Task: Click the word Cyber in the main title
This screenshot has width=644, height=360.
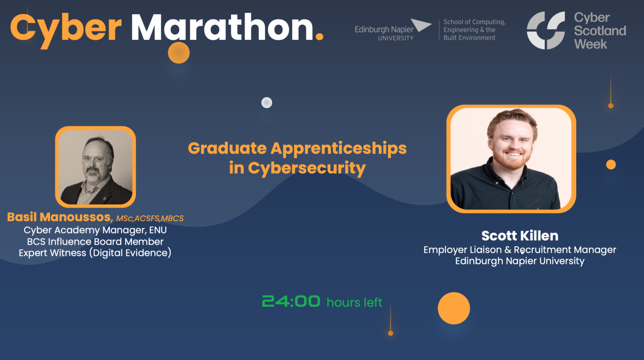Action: coord(66,28)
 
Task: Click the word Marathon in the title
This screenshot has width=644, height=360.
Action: coord(222,28)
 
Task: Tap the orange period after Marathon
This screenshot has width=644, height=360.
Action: coord(319,37)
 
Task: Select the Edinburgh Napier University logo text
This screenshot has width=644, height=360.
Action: coord(384,33)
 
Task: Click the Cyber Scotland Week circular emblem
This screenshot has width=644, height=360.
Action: coord(546,31)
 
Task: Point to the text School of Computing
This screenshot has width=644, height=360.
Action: coord(474,22)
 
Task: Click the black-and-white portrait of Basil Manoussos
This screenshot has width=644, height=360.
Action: coord(95,167)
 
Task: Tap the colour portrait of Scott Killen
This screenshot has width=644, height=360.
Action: coord(511,159)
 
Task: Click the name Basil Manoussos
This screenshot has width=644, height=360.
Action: coord(60,217)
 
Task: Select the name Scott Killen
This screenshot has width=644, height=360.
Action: coord(519,235)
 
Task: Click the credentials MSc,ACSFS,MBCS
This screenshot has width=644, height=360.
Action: coord(150,218)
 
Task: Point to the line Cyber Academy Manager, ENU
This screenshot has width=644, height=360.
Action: coord(95,230)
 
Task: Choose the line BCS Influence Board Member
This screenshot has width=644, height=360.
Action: coord(95,241)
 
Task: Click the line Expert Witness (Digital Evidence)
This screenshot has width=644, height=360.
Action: coord(95,253)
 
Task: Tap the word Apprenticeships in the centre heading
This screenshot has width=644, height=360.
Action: coord(338,149)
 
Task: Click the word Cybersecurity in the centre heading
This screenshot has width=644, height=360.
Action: coord(307,168)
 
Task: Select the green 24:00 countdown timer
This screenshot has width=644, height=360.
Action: coord(291,301)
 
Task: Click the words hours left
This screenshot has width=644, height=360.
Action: coord(354,302)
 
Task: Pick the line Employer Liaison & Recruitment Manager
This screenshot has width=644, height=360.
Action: coord(519,250)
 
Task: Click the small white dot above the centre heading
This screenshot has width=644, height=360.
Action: coord(267,103)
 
